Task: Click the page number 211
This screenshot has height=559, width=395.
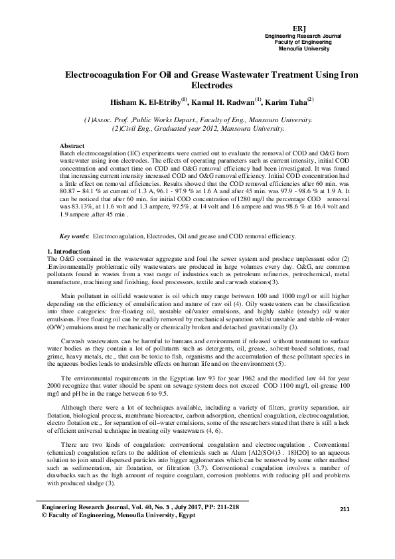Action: (344, 509)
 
